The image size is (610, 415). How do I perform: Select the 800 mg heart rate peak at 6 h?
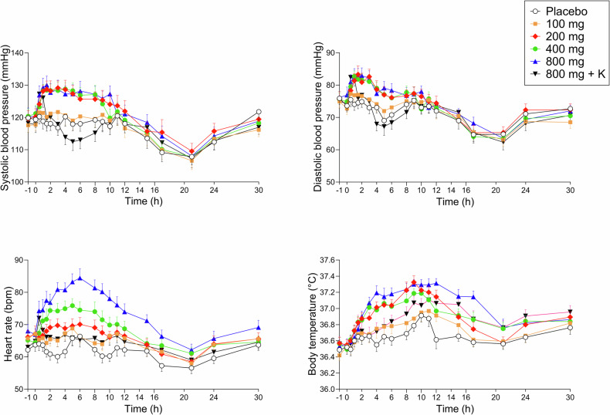pyautogui.click(x=80, y=278)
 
